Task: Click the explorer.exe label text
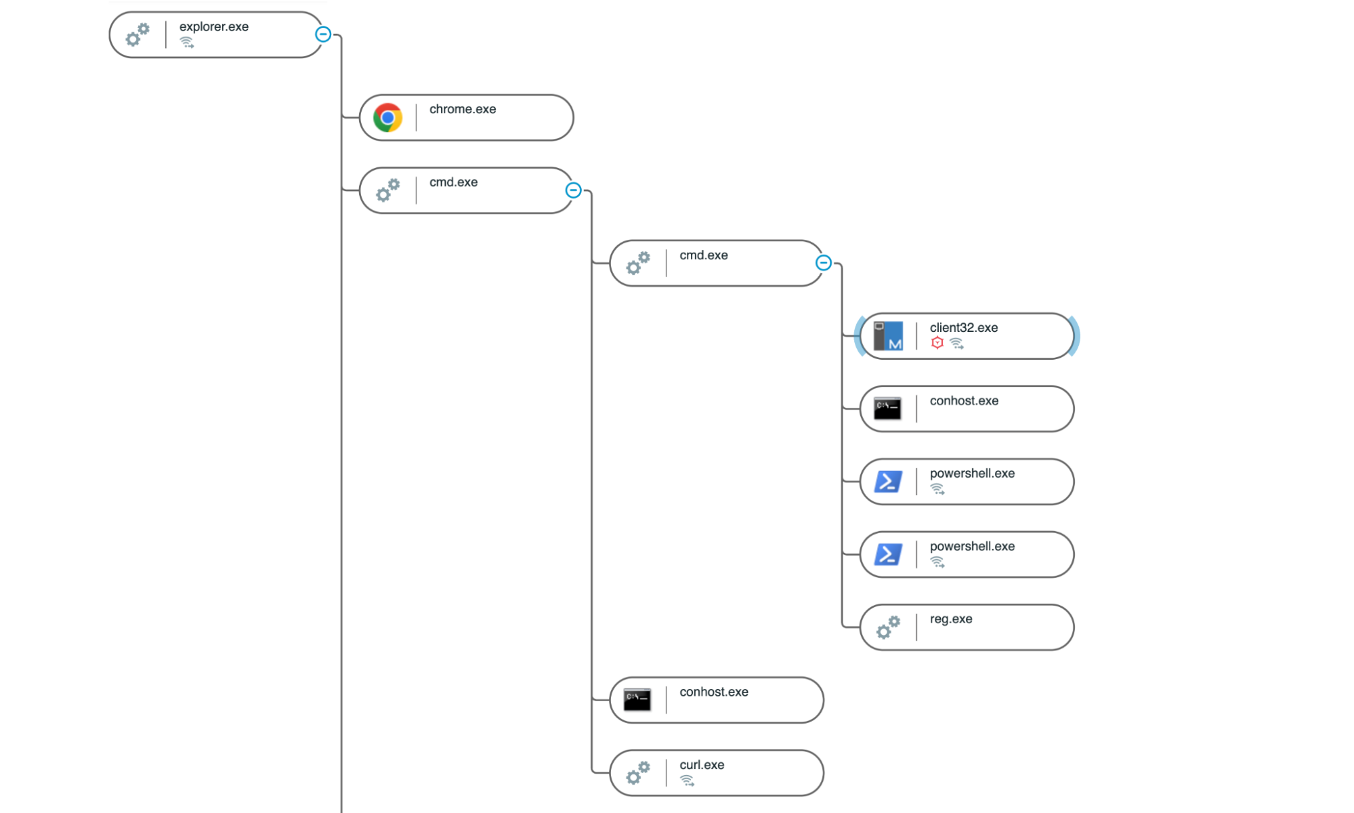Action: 213,27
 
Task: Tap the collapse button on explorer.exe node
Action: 323,35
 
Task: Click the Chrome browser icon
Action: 387,118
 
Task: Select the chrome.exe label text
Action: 462,110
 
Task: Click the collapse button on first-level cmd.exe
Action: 573,190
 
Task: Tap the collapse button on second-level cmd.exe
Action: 823,263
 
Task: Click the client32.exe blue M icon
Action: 887,336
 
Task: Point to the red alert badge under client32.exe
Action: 937,343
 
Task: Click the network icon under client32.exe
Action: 956,343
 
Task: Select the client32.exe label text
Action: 963,328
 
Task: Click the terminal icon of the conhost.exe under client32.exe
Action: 887,409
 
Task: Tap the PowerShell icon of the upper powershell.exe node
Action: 887,482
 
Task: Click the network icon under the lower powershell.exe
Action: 937,562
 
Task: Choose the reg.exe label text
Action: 950,619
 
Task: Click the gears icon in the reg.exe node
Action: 887,627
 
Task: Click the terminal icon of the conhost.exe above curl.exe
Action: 637,700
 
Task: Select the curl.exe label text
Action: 702,765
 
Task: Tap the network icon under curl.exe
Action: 687,781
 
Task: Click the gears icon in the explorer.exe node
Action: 137,35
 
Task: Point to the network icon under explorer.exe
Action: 187,43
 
